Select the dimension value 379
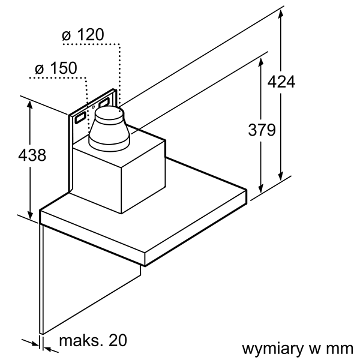(x=261, y=130)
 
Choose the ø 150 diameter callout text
(x=56, y=68)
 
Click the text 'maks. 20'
(x=93, y=341)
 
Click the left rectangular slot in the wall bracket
(x=79, y=118)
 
